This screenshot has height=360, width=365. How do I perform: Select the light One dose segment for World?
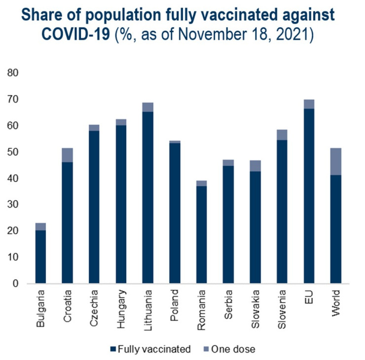(x=335, y=161)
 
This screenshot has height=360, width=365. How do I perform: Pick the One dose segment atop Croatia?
(x=67, y=155)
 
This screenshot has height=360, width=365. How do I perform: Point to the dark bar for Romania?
(x=201, y=235)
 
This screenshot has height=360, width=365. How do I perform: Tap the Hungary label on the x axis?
(x=121, y=305)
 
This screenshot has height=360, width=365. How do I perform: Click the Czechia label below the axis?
(x=94, y=305)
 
